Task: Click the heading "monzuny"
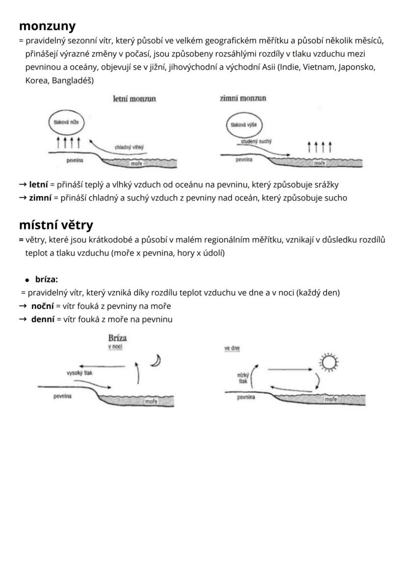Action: pyautogui.click(x=47, y=25)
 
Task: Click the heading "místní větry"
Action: pyautogui.click(x=56, y=225)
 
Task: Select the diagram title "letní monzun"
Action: pyautogui.click(x=134, y=99)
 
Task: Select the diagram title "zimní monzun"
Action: pyautogui.click(x=243, y=98)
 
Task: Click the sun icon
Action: pyautogui.click(x=328, y=362)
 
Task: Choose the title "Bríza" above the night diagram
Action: pyautogui.click(x=117, y=338)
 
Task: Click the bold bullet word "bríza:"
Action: pyautogui.click(x=47, y=280)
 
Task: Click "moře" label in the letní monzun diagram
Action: pyautogui.click(x=136, y=164)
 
